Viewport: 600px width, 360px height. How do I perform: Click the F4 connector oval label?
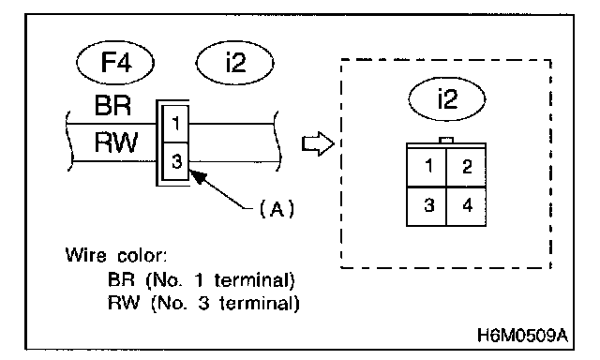(115, 62)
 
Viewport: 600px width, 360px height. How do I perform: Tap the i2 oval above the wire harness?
(235, 63)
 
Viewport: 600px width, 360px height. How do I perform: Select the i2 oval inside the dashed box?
(447, 98)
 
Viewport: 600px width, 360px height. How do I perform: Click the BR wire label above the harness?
(112, 105)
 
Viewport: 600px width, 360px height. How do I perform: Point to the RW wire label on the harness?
(115, 142)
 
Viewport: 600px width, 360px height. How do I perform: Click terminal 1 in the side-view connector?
(175, 124)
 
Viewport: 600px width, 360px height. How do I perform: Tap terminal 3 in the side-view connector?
(175, 161)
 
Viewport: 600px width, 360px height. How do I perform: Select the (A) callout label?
(277, 208)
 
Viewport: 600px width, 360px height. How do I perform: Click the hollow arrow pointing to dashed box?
(318, 143)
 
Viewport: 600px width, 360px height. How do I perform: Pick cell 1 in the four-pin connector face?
(427, 167)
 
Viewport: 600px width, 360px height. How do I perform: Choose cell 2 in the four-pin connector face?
(466, 167)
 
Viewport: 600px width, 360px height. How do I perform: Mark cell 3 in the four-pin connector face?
(427, 206)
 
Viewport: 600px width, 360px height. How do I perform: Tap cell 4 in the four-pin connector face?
(466, 206)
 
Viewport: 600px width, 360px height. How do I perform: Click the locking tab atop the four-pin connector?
(446, 140)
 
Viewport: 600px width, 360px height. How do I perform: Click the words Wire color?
(116, 255)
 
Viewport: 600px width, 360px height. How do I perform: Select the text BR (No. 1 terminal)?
(202, 280)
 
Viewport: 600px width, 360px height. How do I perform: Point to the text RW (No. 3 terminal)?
(203, 304)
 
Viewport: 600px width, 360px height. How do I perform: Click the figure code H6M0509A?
(522, 336)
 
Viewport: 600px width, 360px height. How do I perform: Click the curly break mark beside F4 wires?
(69, 141)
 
